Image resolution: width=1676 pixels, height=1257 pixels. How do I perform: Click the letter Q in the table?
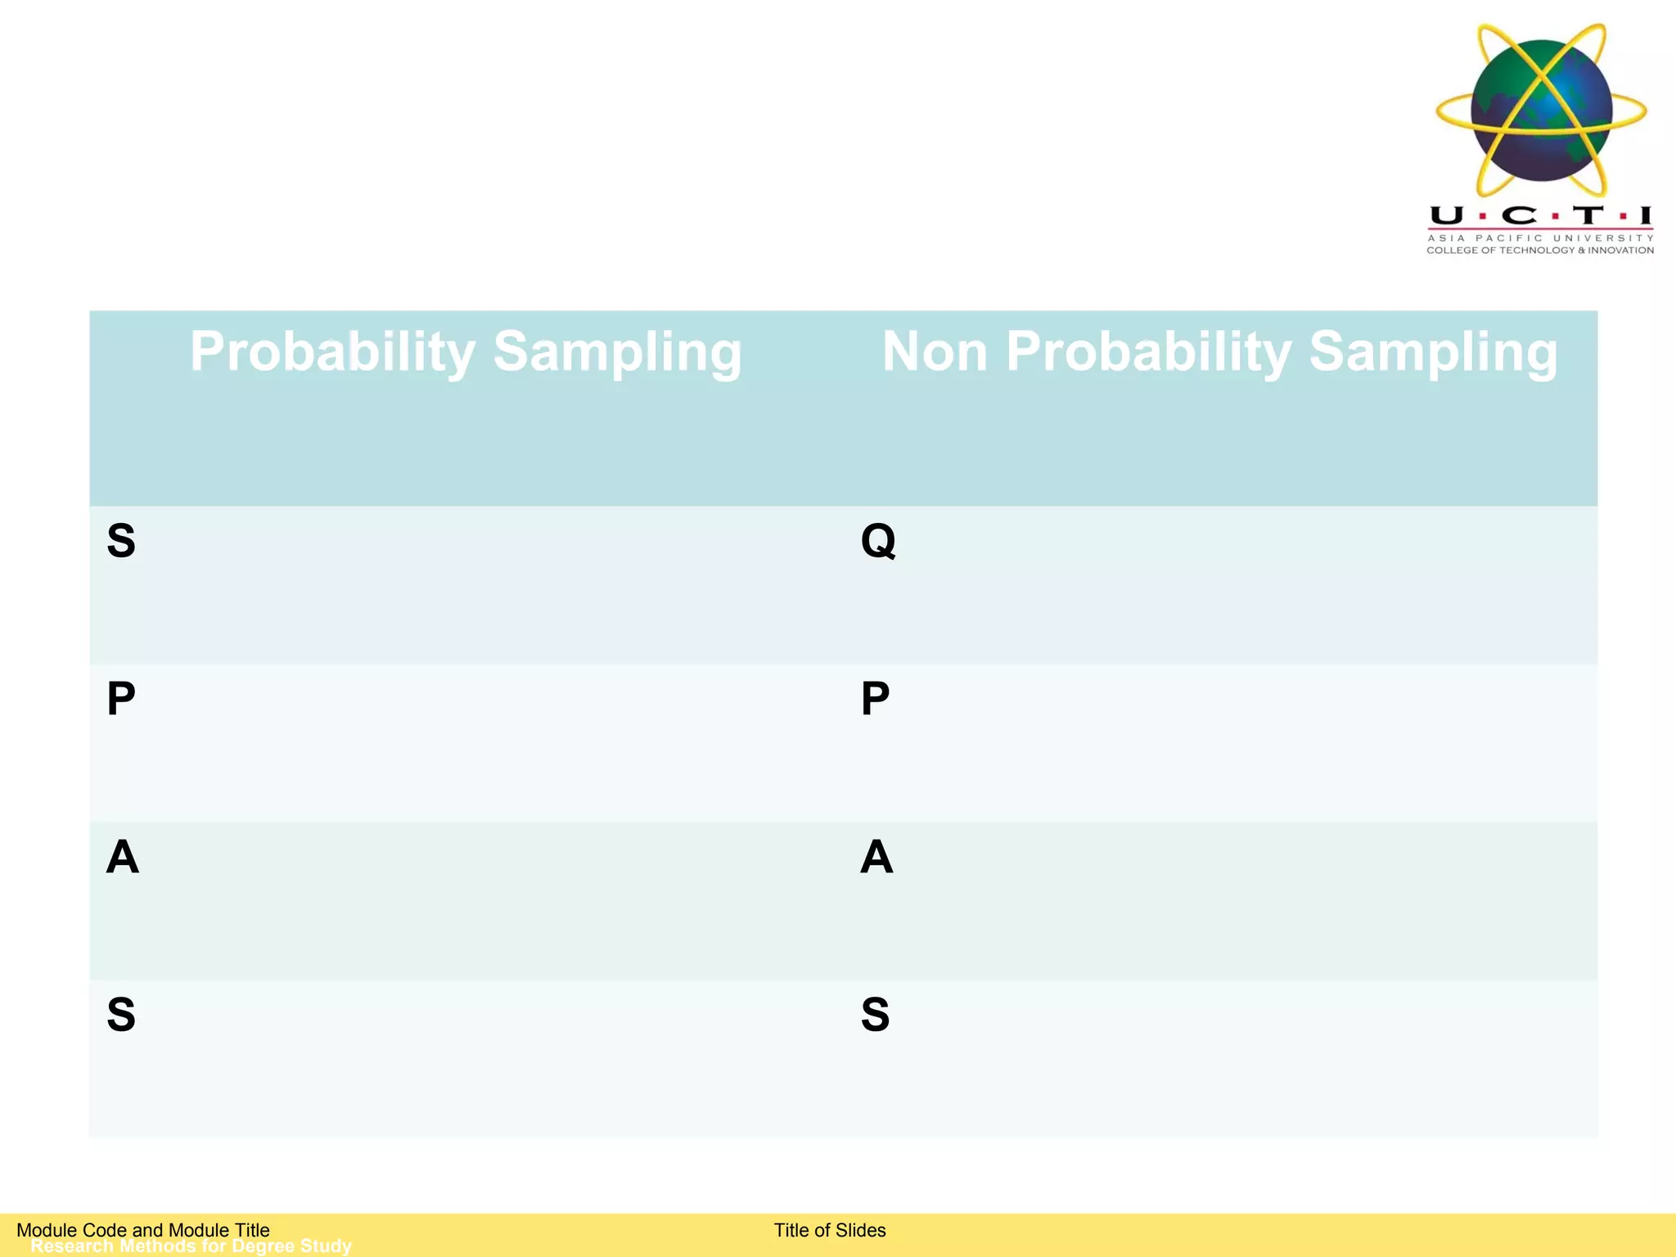878,541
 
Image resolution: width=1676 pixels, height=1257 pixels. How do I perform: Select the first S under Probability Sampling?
121,541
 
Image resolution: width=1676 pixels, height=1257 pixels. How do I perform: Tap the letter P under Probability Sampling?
121,699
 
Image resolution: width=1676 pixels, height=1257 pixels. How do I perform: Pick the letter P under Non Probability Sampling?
875,699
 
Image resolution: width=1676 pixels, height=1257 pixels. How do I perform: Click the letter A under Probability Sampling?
123,857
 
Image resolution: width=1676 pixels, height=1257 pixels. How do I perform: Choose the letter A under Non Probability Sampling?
876,857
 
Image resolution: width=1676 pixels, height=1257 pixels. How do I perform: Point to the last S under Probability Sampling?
121,1015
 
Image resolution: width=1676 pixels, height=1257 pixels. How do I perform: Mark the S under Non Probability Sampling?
875,1015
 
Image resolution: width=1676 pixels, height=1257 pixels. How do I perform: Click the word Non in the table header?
935,352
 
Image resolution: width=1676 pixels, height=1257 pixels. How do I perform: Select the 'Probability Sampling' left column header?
466,352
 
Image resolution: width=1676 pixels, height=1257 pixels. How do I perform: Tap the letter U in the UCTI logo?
1447,216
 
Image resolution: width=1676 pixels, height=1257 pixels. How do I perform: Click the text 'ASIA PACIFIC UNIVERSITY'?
1540,238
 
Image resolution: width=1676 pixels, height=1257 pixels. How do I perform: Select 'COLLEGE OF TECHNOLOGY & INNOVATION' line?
1540,250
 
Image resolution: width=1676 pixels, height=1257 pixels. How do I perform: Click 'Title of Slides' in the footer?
830,1230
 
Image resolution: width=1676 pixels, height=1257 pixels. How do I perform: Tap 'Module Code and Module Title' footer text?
143,1230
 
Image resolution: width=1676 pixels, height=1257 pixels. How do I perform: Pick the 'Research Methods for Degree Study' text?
191,1246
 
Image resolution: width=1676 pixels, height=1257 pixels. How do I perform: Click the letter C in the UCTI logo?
1520,216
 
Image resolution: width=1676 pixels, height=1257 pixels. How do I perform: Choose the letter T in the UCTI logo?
1588,216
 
